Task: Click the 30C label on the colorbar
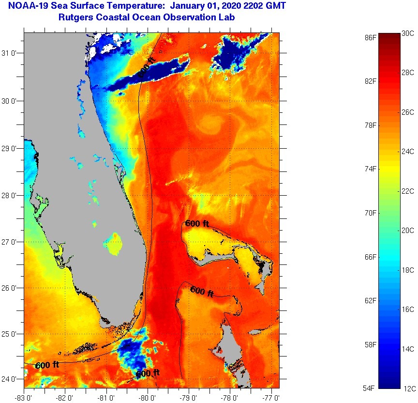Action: [408, 33]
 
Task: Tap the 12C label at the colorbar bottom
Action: [408, 388]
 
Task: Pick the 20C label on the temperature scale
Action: [408, 231]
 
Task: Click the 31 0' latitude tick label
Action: [11, 53]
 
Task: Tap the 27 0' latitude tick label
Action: [11, 242]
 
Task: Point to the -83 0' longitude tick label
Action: [24, 398]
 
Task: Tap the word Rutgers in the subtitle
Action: [75, 17]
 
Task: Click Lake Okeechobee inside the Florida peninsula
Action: [114, 243]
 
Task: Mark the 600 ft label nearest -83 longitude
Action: [47, 365]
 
